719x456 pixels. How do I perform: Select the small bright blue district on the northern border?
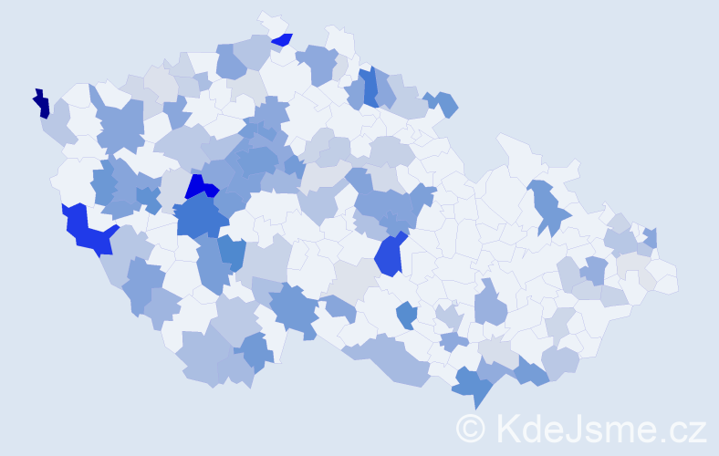click(x=282, y=39)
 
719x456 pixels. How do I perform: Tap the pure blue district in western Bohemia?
click(x=200, y=187)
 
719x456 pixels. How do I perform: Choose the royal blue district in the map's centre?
click(x=389, y=254)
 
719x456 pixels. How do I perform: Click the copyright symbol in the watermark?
click(x=471, y=428)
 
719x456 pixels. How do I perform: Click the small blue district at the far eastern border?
click(x=651, y=238)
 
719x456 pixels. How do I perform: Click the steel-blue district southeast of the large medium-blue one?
click(x=232, y=254)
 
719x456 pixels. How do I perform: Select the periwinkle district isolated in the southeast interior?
click(x=490, y=306)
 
